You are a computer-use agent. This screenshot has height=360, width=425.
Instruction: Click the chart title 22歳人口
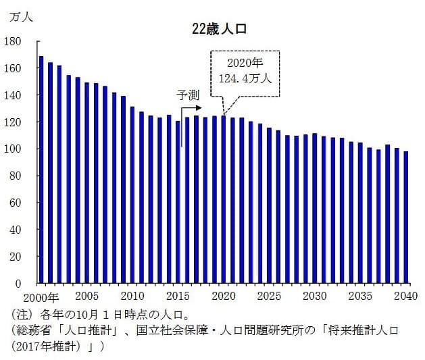click(x=219, y=30)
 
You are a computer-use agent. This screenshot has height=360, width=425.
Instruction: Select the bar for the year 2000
click(x=41, y=170)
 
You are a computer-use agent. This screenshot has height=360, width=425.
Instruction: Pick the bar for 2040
click(x=406, y=217)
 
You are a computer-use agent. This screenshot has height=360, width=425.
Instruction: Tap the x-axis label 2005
click(x=86, y=296)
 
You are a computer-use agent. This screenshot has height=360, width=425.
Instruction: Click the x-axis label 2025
click(x=269, y=296)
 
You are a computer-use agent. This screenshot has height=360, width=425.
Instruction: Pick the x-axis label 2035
click(x=360, y=296)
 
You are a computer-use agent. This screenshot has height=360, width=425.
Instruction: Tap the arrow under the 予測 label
click(x=192, y=108)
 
